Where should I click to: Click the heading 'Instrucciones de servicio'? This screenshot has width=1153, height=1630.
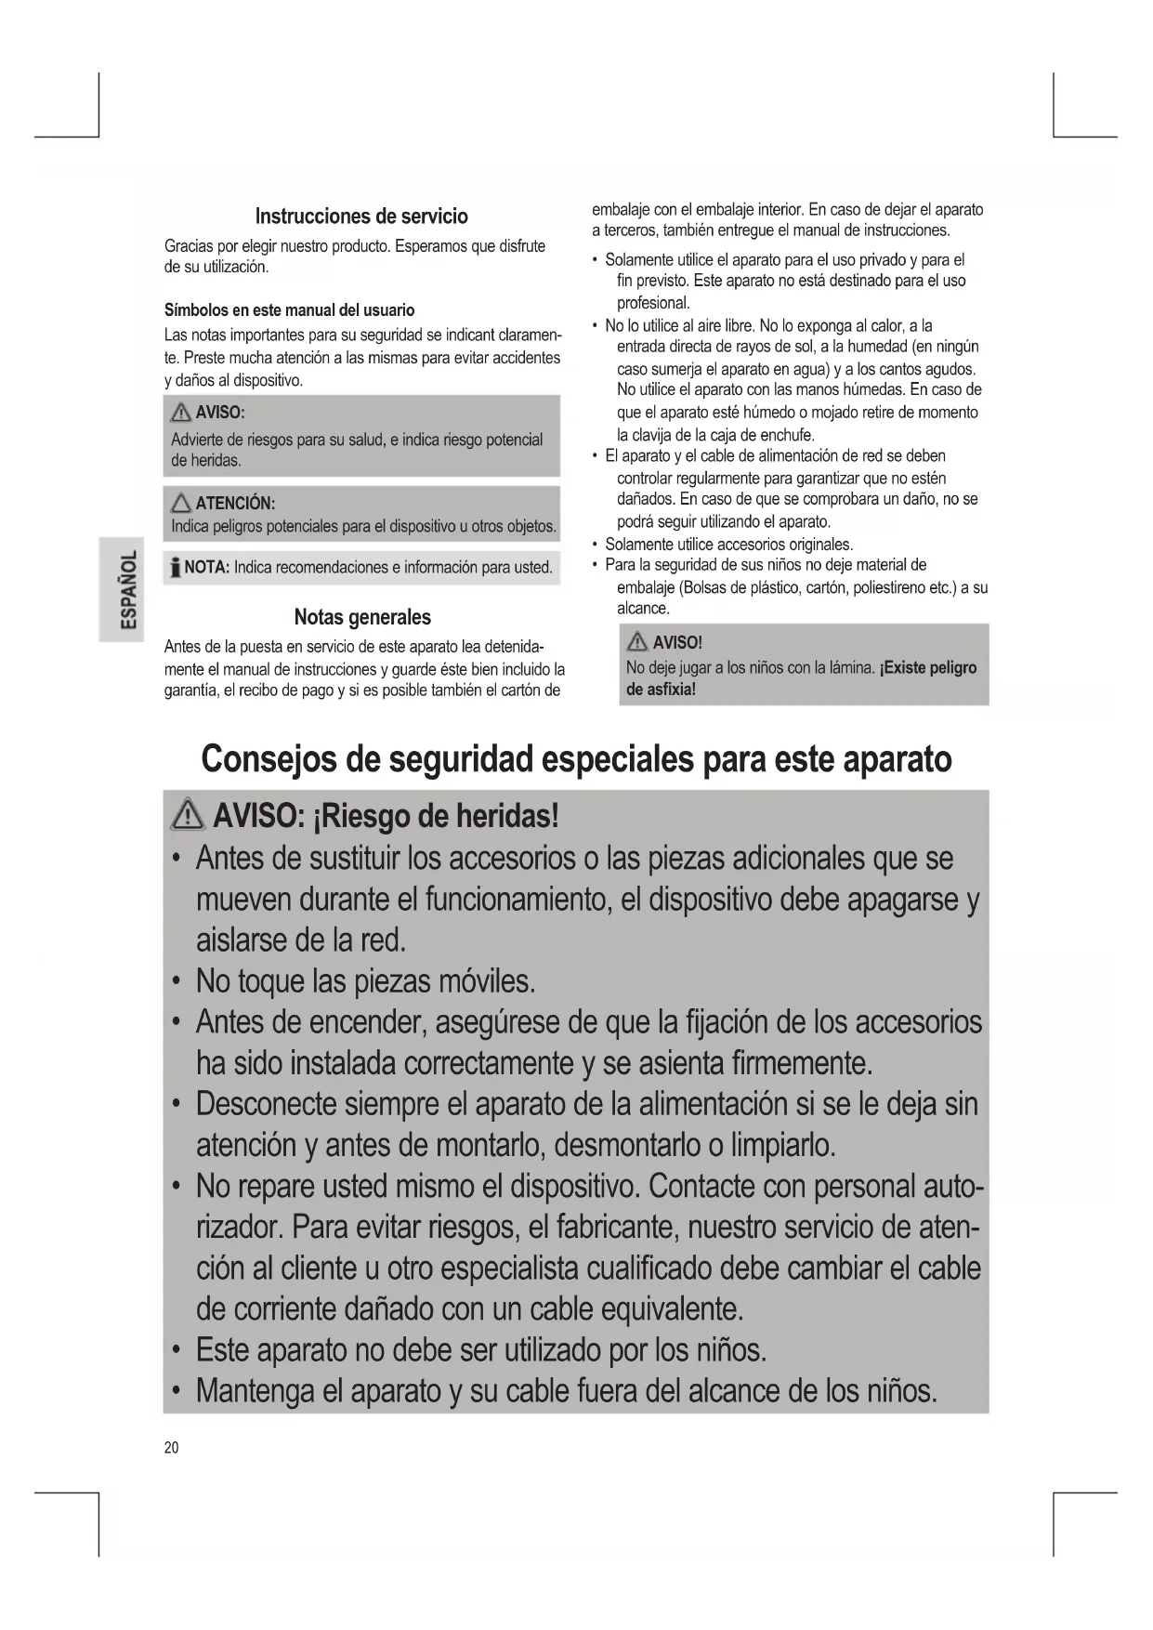pyautogui.click(x=361, y=217)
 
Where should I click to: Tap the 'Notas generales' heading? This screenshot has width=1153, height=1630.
pyautogui.click(x=362, y=617)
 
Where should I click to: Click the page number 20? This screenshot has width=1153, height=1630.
pyautogui.click(x=172, y=1448)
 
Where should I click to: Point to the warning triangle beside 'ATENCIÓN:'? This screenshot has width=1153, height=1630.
pyautogui.click(x=181, y=504)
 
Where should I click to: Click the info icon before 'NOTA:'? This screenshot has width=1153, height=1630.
pyautogui.click(x=174, y=567)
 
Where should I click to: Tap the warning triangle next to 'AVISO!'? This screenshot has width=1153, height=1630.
pyautogui.click(x=638, y=641)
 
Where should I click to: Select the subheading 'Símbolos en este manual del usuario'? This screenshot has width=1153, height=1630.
pyautogui.click(x=289, y=310)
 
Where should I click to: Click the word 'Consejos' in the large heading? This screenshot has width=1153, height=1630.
pyautogui.click(x=269, y=759)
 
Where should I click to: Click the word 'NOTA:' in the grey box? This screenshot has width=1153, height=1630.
pyautogui.click(x=207, y=567)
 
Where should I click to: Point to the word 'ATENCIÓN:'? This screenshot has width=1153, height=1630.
pyautogui.click(x=235, y=504)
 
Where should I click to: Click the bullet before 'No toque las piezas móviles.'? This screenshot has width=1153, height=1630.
pyautogui.click(x=176, y=982)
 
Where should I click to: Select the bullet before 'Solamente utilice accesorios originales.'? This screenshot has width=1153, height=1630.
pyautogui.click(x=595, y=545)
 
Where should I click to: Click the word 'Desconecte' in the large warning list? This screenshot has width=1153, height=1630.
pyautogui.click(x=266, y=1104)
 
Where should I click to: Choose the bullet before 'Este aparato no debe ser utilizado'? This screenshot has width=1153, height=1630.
pyautogui.click(x=176, y=1350)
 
